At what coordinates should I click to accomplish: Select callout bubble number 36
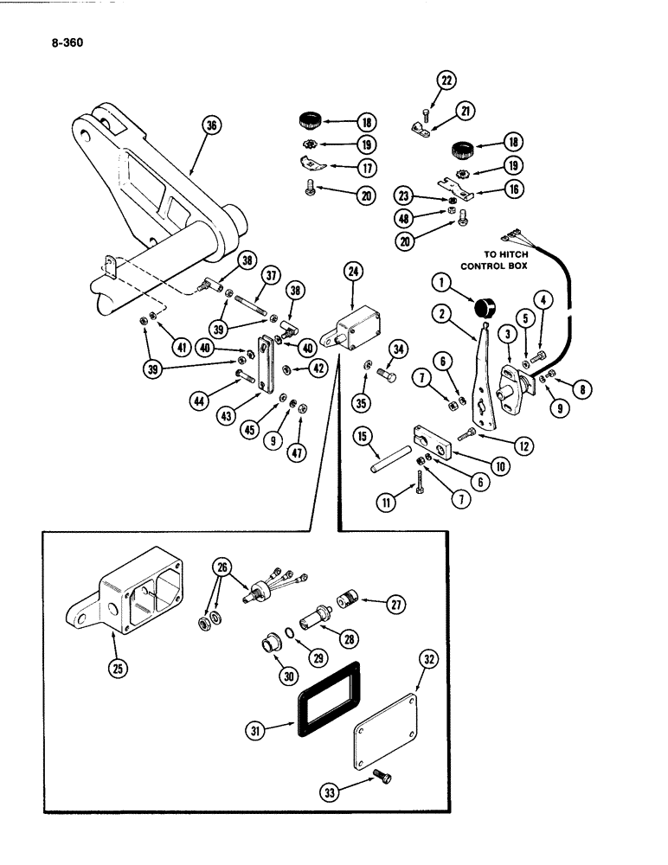pos(209,125)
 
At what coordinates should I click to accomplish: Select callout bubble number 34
pos(397,349)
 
